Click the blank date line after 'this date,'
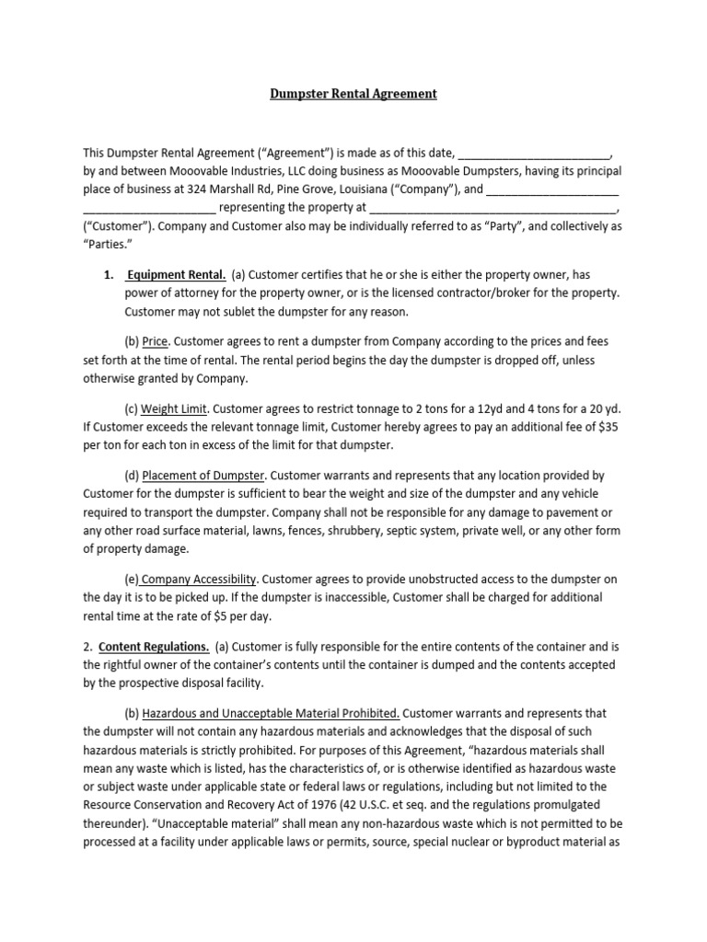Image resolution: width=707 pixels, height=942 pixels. [533, 153]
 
